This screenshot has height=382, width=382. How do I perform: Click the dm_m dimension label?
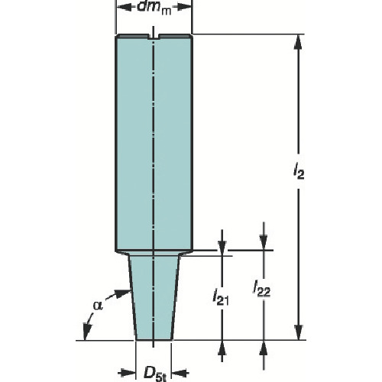pyautogui.click(x=154, y=8)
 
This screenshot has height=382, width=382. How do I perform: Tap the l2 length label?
pyautogui.click(x=299, y=173)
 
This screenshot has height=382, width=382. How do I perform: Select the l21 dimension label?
pyautogui.click(x=221, y=296)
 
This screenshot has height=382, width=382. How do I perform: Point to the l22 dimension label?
pyautogui.click(x=261, y=288)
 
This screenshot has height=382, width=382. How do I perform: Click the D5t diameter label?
pyautogui.click(x=155, y=374)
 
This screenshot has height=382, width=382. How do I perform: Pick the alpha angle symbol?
pyautogui.click(x=98, y=305)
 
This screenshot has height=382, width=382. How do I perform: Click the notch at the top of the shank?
pyautogui.click(x=153, y=37)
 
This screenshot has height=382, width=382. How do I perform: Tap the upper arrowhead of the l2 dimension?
pyautogui.click(x=299, y=41)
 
